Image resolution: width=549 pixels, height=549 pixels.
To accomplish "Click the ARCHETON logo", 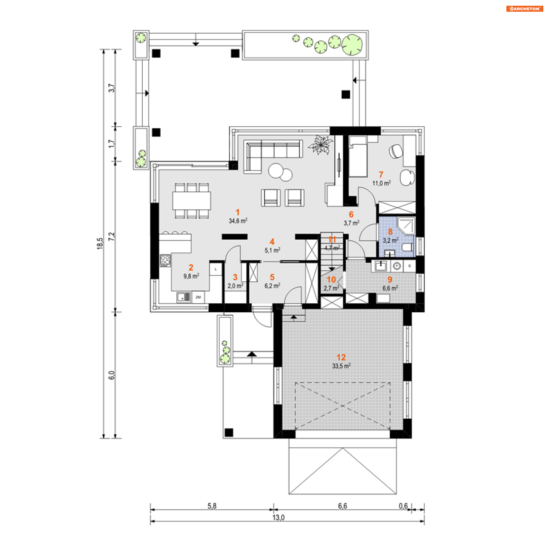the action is pos(524,9).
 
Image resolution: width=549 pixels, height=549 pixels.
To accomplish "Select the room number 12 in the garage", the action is pos(341,357).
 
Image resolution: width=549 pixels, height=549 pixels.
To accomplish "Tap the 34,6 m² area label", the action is pos(238,220).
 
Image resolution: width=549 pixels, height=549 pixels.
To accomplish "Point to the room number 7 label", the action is pos(381,174).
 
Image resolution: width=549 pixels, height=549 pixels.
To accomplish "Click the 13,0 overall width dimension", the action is pos(279,518).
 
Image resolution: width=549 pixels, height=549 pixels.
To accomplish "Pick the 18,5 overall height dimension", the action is pos(100,244).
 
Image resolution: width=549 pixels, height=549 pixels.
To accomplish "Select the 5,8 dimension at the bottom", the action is pos(212,506).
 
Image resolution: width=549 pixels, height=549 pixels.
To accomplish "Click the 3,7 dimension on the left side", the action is pos(112,88).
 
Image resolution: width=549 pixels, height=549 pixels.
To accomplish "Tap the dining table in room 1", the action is pos(192,200).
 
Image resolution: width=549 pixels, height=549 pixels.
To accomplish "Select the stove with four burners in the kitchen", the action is pos(165,260).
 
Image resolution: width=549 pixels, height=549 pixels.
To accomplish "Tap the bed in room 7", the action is pos(358,156).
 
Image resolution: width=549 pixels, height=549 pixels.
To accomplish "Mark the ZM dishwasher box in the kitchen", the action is pos(198,297).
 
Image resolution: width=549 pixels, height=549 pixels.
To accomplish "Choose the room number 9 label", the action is pos(390,279).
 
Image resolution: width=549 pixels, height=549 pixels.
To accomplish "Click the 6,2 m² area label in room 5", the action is pos(272,286).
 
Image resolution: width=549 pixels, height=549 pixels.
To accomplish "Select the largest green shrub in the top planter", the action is pos(352,45).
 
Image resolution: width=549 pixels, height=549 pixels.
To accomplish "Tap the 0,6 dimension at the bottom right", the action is pos(403,506).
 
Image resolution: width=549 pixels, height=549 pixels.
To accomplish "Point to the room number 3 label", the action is pos(235,277).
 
